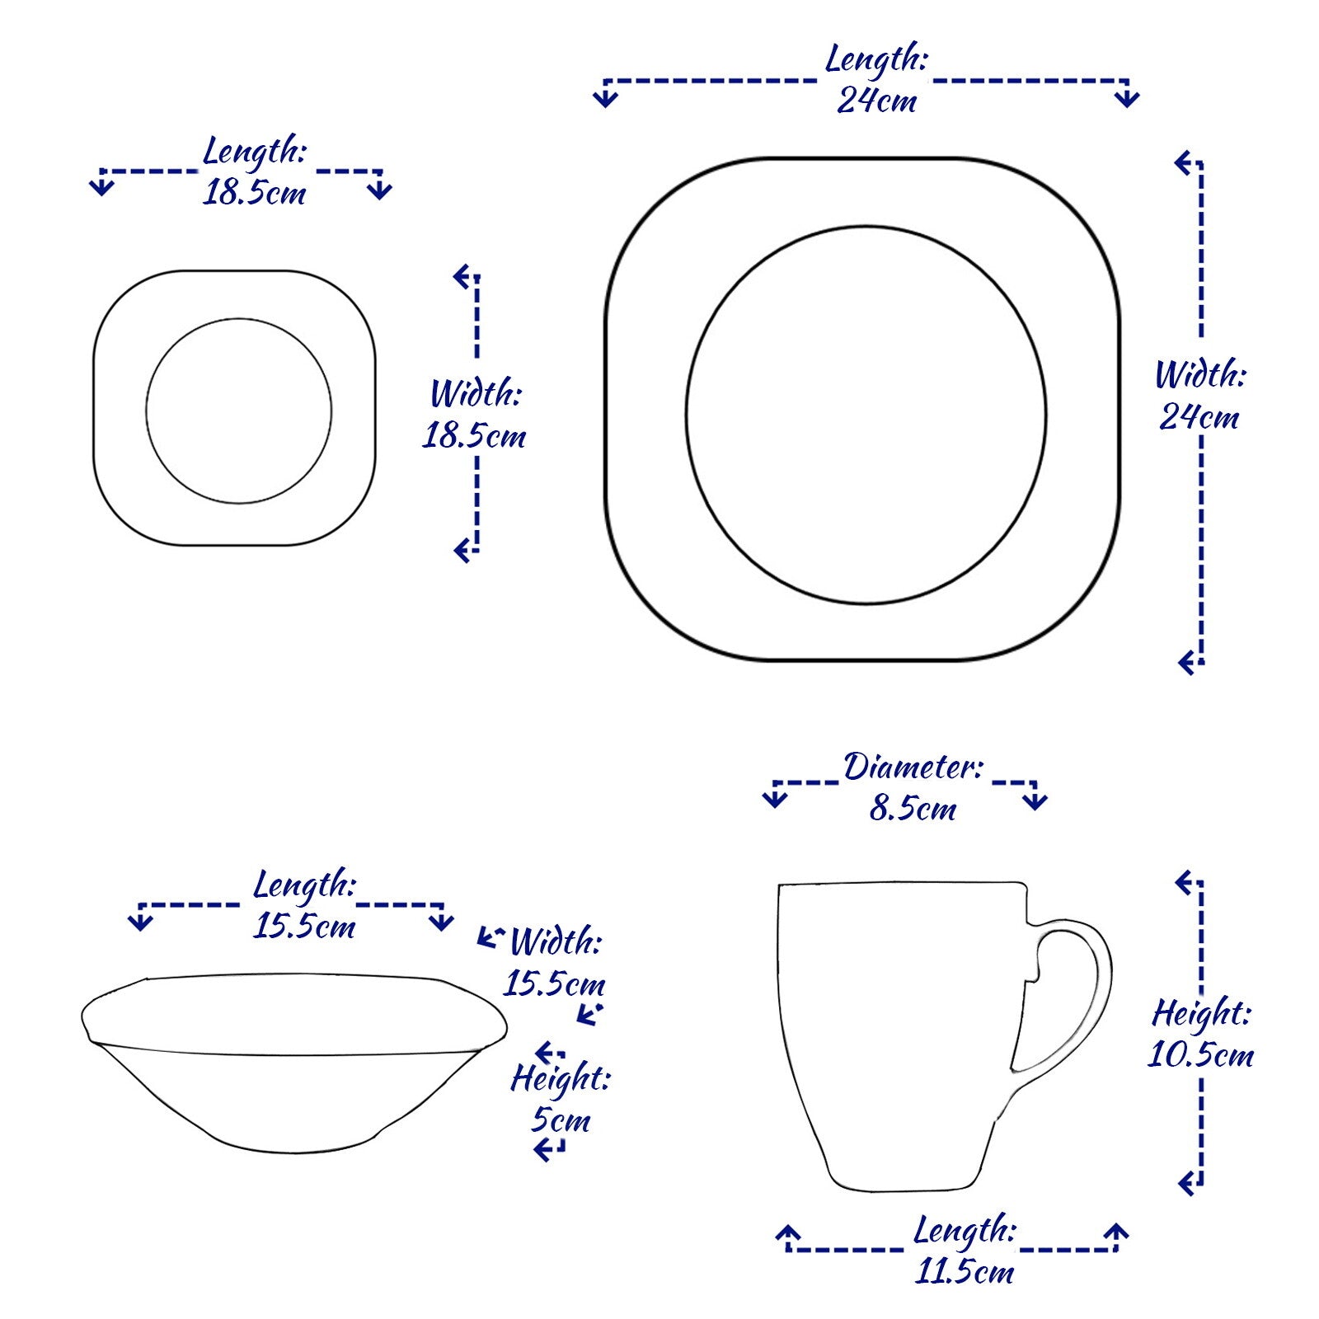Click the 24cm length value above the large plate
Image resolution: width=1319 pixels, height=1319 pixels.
click(876, 101)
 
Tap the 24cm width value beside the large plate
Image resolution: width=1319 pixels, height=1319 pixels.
click(1199, 417)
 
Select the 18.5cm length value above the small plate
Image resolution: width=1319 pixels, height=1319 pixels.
click(255, 193)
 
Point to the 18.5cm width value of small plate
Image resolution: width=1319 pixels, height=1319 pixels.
click(474, 435)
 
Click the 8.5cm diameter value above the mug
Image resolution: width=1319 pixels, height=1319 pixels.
click(913, 808)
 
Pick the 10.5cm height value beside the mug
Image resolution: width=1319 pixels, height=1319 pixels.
click(1200, 1055)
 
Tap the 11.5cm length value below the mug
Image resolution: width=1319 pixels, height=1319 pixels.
click(965, 1271)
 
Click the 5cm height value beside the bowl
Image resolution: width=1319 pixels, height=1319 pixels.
click(561, 1120)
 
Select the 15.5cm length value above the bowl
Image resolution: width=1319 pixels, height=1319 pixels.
click(304, 927)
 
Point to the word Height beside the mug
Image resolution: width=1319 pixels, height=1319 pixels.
click(1201, 1013)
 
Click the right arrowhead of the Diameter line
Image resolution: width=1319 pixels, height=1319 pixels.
click(1035, 800)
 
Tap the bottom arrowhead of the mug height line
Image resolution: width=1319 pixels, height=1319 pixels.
click(1187, 1185)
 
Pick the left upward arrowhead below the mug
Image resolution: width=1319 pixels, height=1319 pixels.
click(788, 1234)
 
